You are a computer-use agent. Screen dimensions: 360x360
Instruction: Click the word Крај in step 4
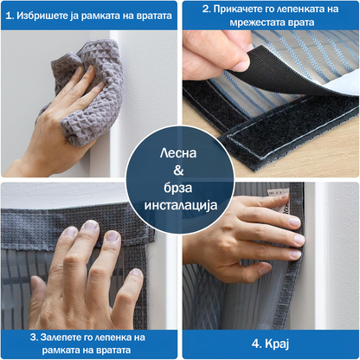(x=277, y=344)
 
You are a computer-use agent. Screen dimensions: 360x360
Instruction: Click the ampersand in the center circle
(x=178, y=170)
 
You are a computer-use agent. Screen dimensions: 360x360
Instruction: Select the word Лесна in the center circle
(x=178, y=153)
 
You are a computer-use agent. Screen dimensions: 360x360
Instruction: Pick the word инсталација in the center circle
(x=181, y=206)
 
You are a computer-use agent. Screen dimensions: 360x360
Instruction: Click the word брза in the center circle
(x=178, y=188)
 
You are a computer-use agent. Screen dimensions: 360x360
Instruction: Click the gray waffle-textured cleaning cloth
(x=87, y=93)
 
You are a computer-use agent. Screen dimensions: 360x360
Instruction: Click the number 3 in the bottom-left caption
(x=34, y=337)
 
